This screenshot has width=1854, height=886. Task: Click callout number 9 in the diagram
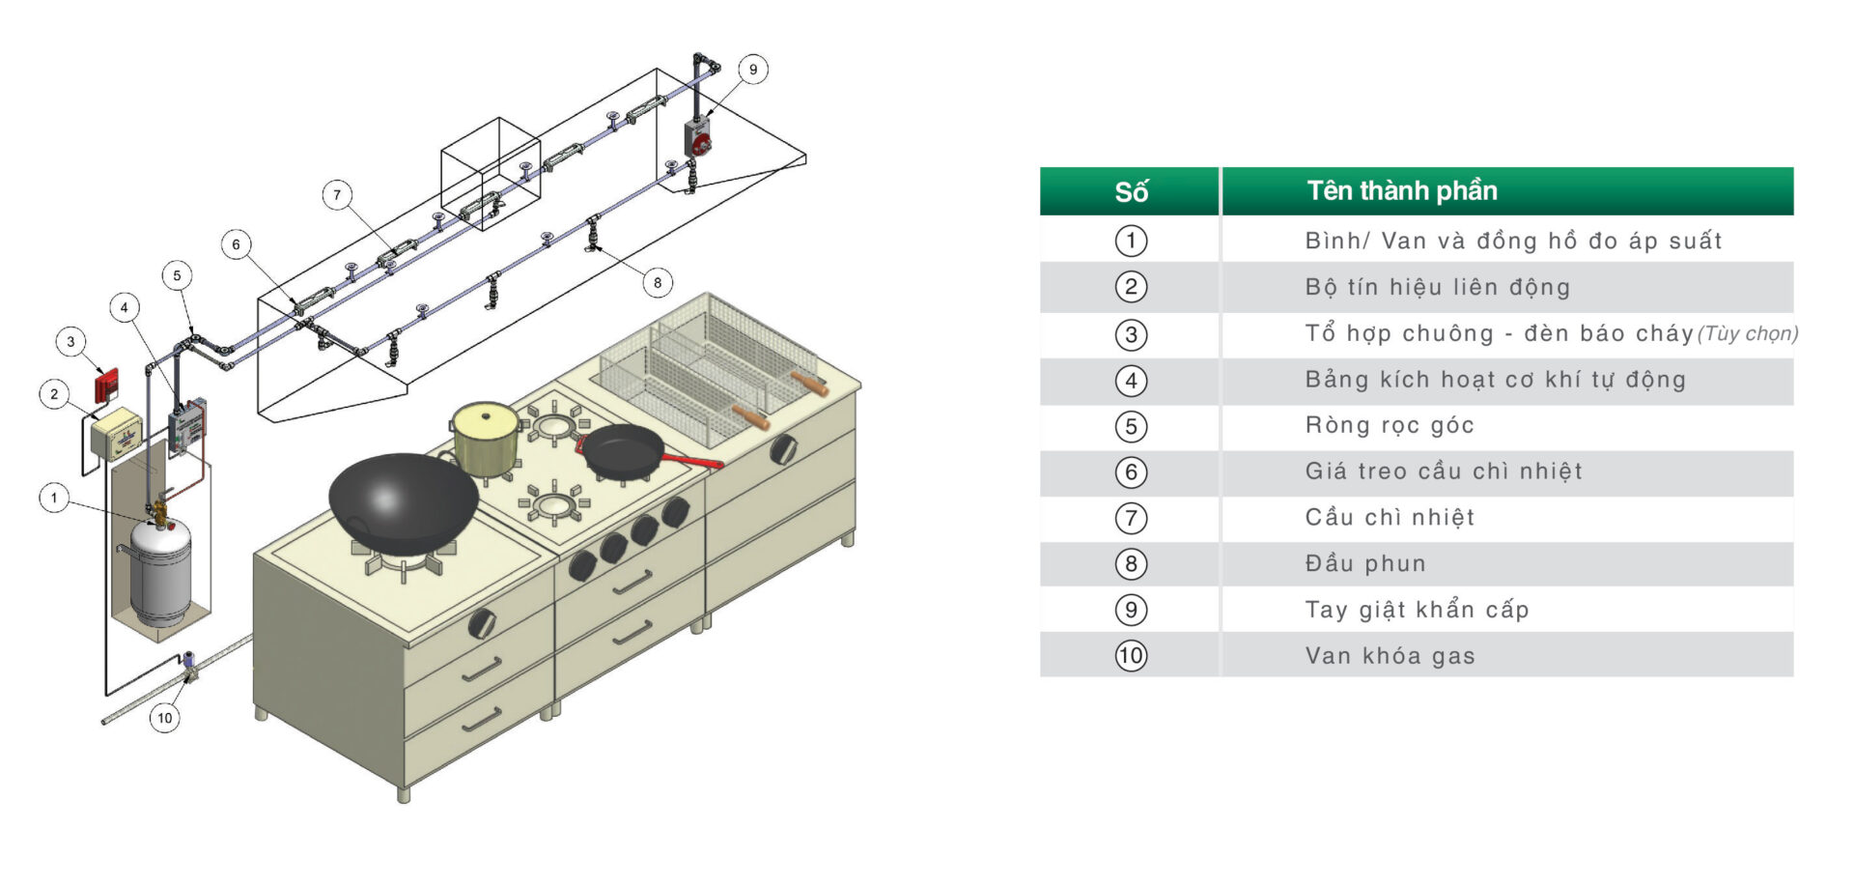(753, 70)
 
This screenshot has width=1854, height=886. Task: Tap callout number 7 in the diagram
(337, 194)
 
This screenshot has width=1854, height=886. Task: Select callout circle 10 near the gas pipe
(165, 718)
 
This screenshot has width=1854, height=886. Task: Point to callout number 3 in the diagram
(70, 341)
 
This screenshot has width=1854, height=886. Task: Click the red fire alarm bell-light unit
(106, 385)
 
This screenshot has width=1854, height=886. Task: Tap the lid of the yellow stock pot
(485, 418)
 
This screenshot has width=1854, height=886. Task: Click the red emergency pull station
(699, 140)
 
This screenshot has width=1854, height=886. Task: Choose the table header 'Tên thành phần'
(1402, 191)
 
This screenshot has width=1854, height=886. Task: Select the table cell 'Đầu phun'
(1365, 563)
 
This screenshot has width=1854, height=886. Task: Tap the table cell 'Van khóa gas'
(1390, 656)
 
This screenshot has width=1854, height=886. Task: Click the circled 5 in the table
(1131, 426)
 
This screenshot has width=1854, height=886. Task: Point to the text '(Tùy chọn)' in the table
(1748, 334)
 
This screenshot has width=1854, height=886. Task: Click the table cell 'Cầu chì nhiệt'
(1390, 518)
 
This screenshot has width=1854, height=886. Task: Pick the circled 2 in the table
(1131, 287)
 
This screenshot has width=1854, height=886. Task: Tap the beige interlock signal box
(117, 433)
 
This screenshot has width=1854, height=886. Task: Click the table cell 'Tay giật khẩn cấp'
(1417, 610)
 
